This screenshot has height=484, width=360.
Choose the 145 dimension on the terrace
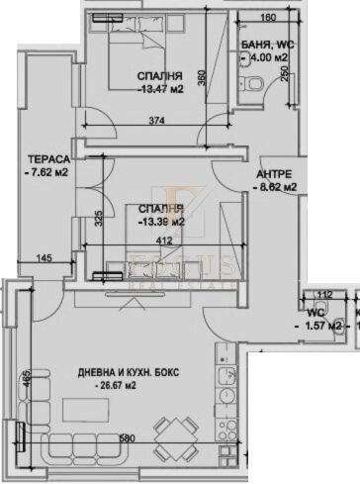click(45, 258)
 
